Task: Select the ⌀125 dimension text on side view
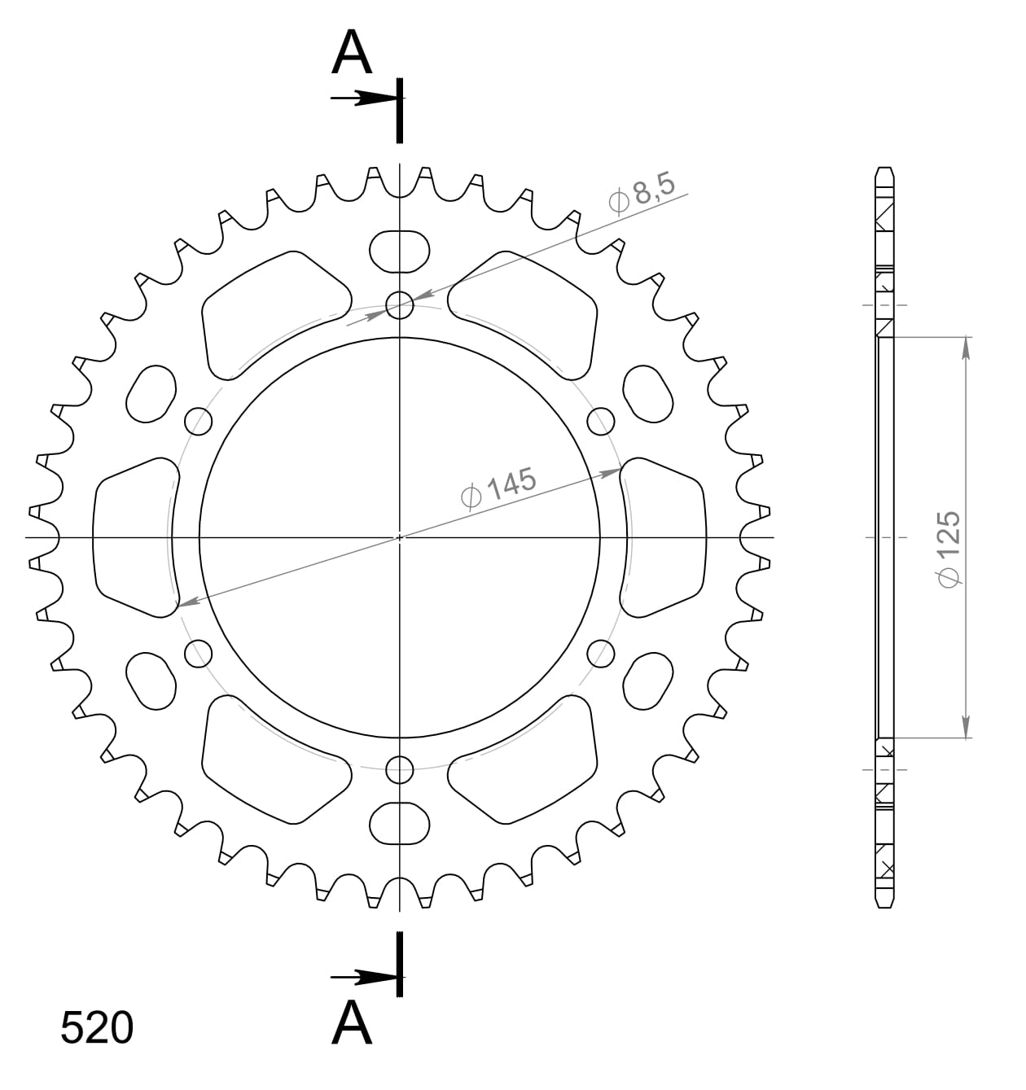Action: tap(949, 549)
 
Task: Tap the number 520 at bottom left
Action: tap(96, 1028)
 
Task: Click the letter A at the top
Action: tap(352, 55)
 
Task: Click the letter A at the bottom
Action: tap(352, 1022)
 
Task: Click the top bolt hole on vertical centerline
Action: tap(399, 306)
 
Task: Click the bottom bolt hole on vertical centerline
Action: tap(399, 768)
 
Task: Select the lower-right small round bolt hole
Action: tap(600, 652)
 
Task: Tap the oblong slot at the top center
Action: tap(399, 251)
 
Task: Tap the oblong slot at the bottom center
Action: tap(399, 824)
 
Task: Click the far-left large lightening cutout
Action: tap(134, 537)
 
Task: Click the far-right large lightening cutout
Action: tap(664, 537)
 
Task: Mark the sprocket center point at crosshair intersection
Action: tap(399, 537)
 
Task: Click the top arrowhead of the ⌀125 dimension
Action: tap(966, 346)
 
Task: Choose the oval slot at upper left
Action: tap(152, 394)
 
